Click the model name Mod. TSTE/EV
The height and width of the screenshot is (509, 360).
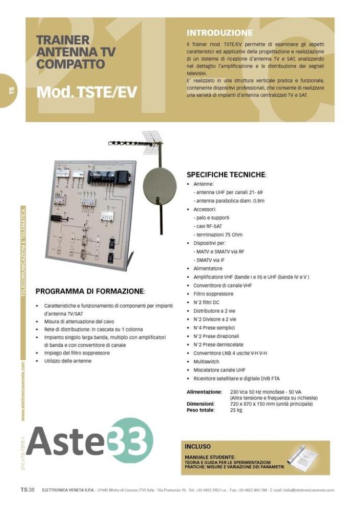(87, 92)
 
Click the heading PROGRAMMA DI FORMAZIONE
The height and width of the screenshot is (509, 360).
(90, 291)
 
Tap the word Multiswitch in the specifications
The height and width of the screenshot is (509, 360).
(206, 361)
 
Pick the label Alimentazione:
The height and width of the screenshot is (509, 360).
(204, 392)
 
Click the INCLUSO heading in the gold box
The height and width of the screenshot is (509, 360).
(198, 446)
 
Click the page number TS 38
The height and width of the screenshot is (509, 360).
(27, 490)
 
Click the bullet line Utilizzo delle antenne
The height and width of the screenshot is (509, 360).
(68, 361)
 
